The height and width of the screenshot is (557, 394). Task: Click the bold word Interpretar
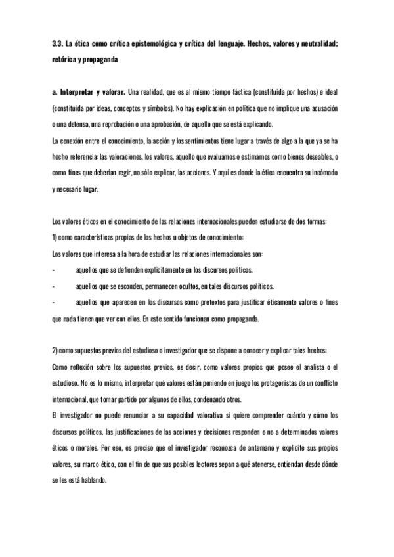[77, 90]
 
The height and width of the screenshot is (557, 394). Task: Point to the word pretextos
[223, 304]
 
